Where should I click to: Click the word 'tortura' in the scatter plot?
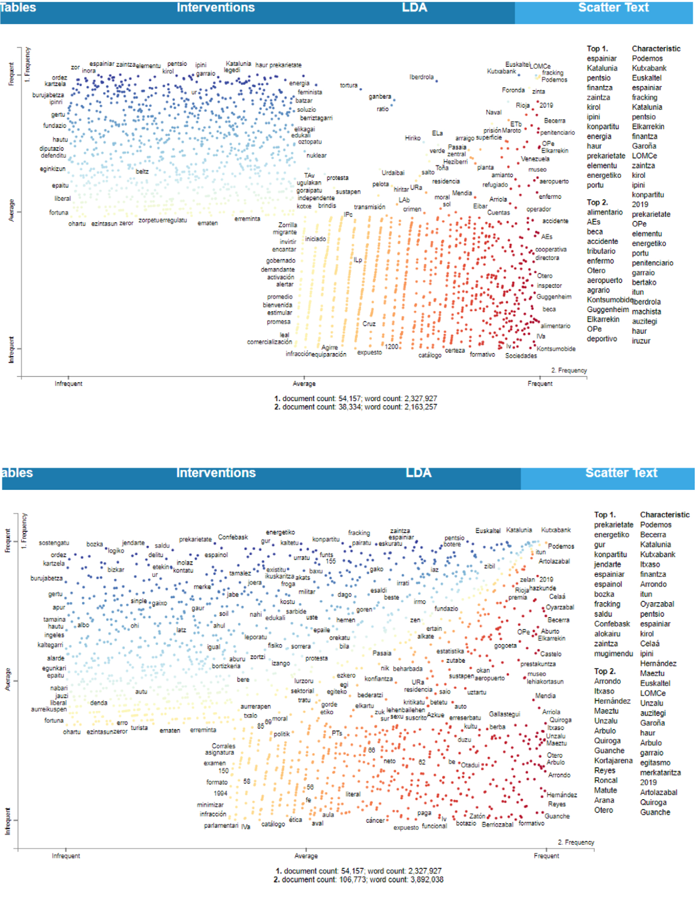pos(348,85)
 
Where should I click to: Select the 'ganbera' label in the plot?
pos(380,97)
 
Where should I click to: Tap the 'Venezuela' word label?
pos(535,159)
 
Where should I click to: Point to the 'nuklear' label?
pos(316,156)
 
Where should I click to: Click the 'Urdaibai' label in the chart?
pos(393,173)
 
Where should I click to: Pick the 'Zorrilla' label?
pos(287,225)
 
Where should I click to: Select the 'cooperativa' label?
pos(550,250)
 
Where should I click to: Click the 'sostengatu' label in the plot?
pos(54,543)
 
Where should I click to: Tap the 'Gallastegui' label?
pos(504,714)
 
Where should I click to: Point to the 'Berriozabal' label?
pos(497,825)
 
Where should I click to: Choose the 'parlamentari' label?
pos(221,825)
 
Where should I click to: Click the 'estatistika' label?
pos(450,651)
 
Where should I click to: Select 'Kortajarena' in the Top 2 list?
pos(613,761)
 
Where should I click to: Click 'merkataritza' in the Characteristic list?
pos(660,772)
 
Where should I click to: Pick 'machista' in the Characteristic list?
pos(646,312)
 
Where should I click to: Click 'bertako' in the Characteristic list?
pos(644,282)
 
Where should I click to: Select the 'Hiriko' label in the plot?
pos(413,138)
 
